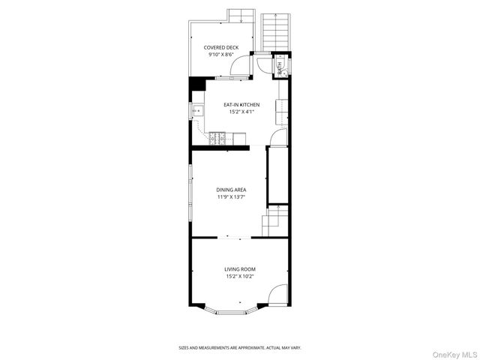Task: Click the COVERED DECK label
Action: (x=221, y=47)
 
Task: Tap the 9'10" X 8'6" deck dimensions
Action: (x=221, y=55)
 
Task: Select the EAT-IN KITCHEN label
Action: (x=241, y=105)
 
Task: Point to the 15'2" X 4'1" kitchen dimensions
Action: (x=241, y=112)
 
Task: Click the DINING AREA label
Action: (x=231, y=190)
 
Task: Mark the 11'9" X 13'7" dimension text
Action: (x=231, y=197)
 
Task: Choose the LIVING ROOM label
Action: (x=240, y=268)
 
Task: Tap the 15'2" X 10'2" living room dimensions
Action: (x=240, y=276)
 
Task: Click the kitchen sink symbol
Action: (x=199, y=111)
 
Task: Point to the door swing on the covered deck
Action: (x=239, y=68)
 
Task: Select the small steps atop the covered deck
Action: (x=240, y=15)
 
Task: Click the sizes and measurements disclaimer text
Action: (x=239, y=348)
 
